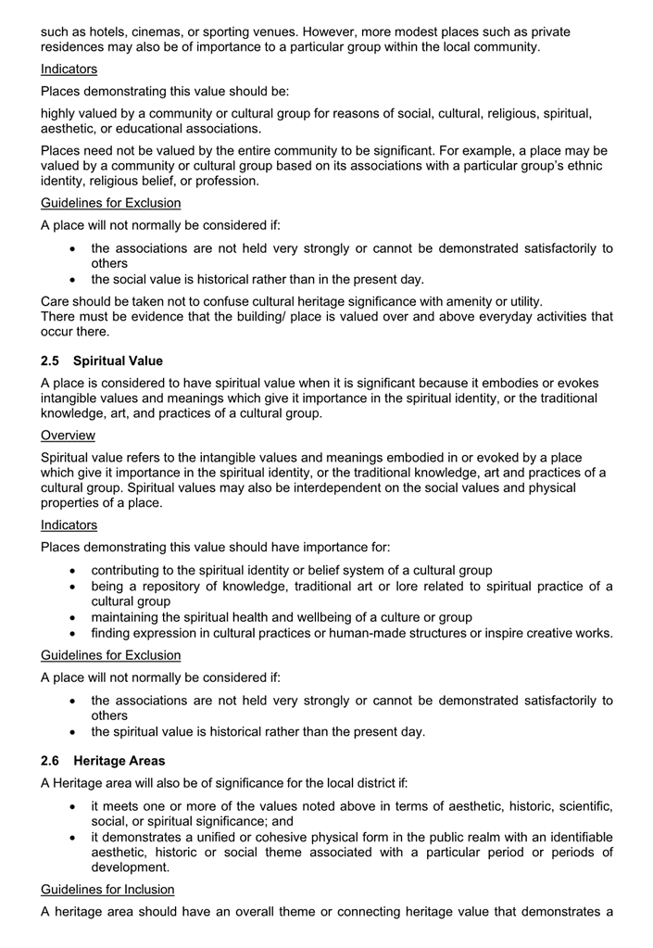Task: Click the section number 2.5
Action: pyautogui.click(x=51, y=361)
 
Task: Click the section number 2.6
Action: pyautogui.click(x=51, y=761)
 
